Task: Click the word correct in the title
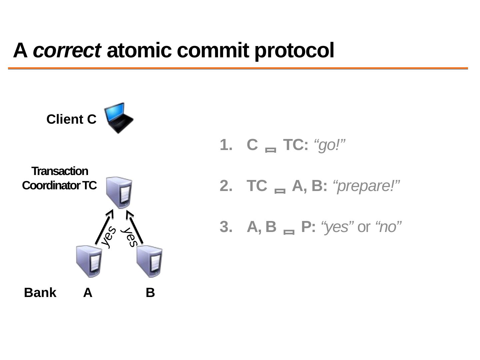67,50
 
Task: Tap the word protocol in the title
294,51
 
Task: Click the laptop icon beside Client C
119,118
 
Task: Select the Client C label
71,119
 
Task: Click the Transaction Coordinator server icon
119,192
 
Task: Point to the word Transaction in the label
60,171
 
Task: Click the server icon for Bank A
89,261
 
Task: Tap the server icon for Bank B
150,261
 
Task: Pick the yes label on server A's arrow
109,236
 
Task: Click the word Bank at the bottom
40,293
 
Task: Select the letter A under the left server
88,293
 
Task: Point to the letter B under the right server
150,293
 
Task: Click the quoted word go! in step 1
329,145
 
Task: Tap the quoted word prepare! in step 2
366,186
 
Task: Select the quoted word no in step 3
388,227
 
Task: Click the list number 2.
226,186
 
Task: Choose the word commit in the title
213,50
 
